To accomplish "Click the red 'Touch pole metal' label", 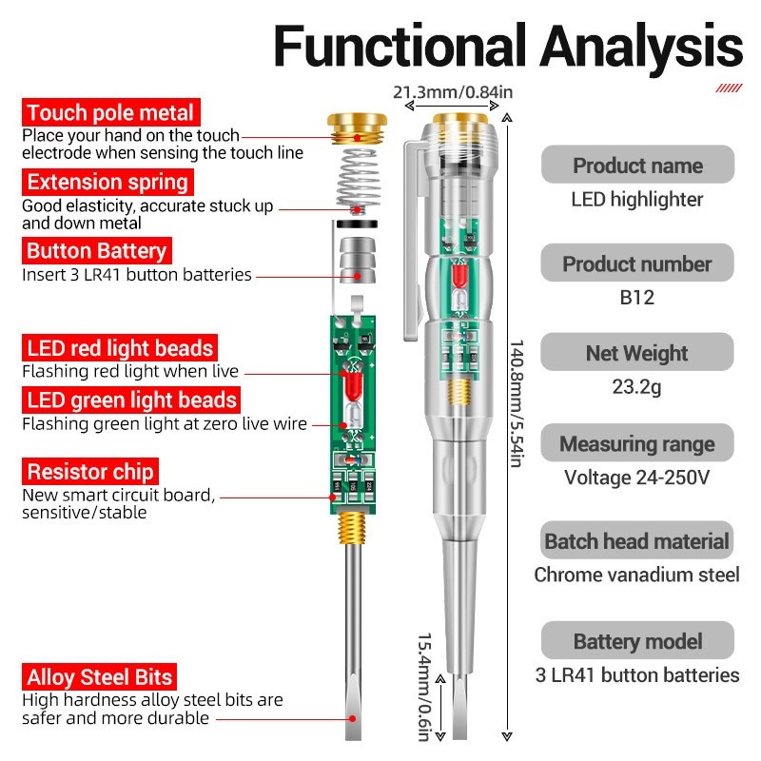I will (111, 113).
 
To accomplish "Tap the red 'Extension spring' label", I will (107, 182).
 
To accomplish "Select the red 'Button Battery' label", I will (96, 251).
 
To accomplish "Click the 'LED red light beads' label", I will (121, 347).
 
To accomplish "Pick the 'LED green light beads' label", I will (130, 400).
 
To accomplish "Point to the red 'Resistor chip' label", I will (90, 471).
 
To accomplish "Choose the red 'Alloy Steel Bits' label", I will (100, 677).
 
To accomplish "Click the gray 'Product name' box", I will (637, 165).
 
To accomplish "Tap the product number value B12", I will (637, 297).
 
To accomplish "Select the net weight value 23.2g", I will (637, 388).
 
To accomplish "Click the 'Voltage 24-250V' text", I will (637, 478).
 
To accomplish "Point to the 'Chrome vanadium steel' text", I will (637, 575).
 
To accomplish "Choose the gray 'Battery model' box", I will (637, 640).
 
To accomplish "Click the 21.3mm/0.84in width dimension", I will (453, 92).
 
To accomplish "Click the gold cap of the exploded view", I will (357, 126).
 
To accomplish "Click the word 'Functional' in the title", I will (398, 45).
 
